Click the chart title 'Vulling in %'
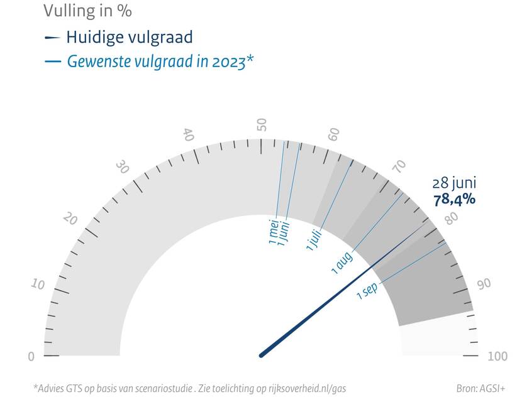point(87,11)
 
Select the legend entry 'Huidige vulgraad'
point(129,37)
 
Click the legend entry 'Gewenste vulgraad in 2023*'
point(160,62)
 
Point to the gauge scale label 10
point(38,284)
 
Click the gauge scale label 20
point(70,219)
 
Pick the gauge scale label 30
point(123,167)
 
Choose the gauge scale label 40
point(187,134)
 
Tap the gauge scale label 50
point(262,124)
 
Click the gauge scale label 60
point(335,134)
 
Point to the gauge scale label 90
point(484,284)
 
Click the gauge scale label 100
point(497,357)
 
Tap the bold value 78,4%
point(454,200)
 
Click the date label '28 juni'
point(454,183)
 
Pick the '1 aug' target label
point(343,262)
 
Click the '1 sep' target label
point(367,291)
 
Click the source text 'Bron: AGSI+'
point(480,389)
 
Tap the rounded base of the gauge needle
point(262,355)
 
